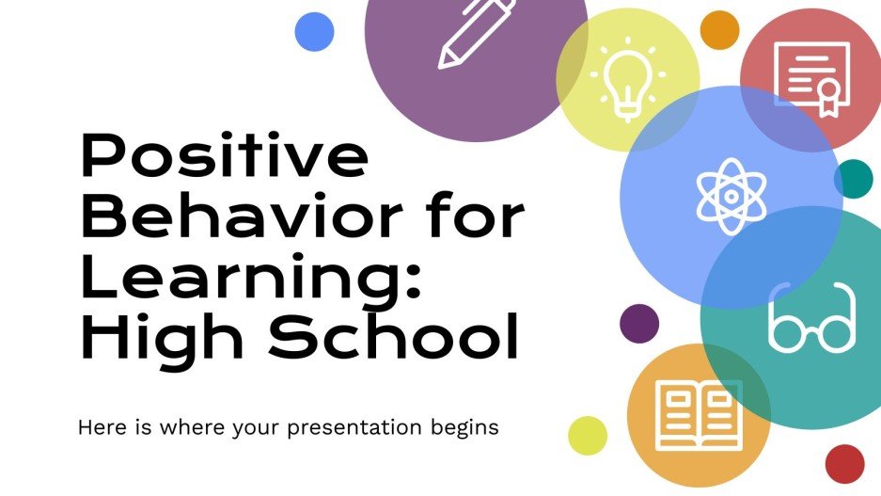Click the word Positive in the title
point(224,158)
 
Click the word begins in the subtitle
point(462,428)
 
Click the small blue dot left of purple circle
point(314,32)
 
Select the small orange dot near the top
point(720,31)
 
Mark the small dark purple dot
point(639,323)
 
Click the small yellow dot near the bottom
point(589,435)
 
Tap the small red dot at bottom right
point(844,463)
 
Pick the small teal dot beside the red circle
point(854,179)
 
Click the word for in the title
point(474,218)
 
